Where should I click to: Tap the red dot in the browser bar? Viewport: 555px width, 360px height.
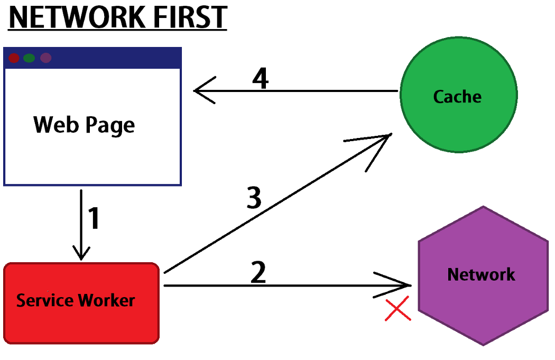click(x=14, y=58)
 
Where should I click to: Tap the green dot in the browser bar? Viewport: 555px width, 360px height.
click(x=30, y=58)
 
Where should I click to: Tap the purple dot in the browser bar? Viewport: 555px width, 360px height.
click(x=46, y=58)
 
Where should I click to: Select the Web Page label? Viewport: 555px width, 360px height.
click(x=84, y=125)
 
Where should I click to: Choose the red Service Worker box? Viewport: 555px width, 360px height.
click(x=81, y=303)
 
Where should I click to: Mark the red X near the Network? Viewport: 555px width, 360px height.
click(x=398, y=310)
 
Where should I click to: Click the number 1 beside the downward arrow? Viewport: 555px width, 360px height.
click(x=94, y=219)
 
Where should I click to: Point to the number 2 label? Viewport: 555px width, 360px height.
click(x=257, y=273)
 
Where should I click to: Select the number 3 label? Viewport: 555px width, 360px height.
click(x=254, y=199)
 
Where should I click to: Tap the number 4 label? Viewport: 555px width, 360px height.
click(x=260, y=79)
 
